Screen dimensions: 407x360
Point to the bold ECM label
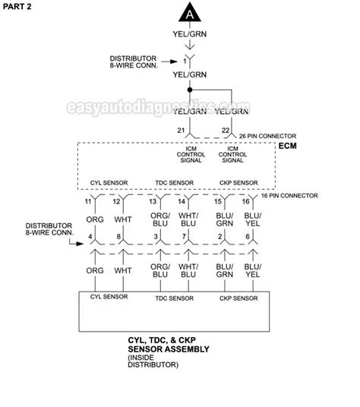288,146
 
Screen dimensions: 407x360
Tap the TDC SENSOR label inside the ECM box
174,183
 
